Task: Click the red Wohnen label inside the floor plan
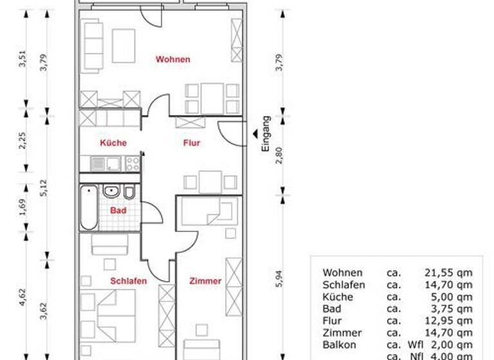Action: point(172,60)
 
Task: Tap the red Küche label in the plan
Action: point(113,143)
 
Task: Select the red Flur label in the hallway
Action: point(191,143)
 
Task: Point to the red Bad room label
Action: point(118,210)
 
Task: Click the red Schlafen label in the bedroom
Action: point(128,281)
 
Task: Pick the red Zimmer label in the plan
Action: point(205,281)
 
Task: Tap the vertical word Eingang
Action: point(266,133)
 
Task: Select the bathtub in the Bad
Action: point(89,208)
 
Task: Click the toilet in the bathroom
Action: point(129,192)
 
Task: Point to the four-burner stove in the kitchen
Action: point(133,163)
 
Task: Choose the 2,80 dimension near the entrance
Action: point(279,155)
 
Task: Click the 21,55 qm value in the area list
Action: point(448,273)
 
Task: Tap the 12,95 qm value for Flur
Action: point(448,321)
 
